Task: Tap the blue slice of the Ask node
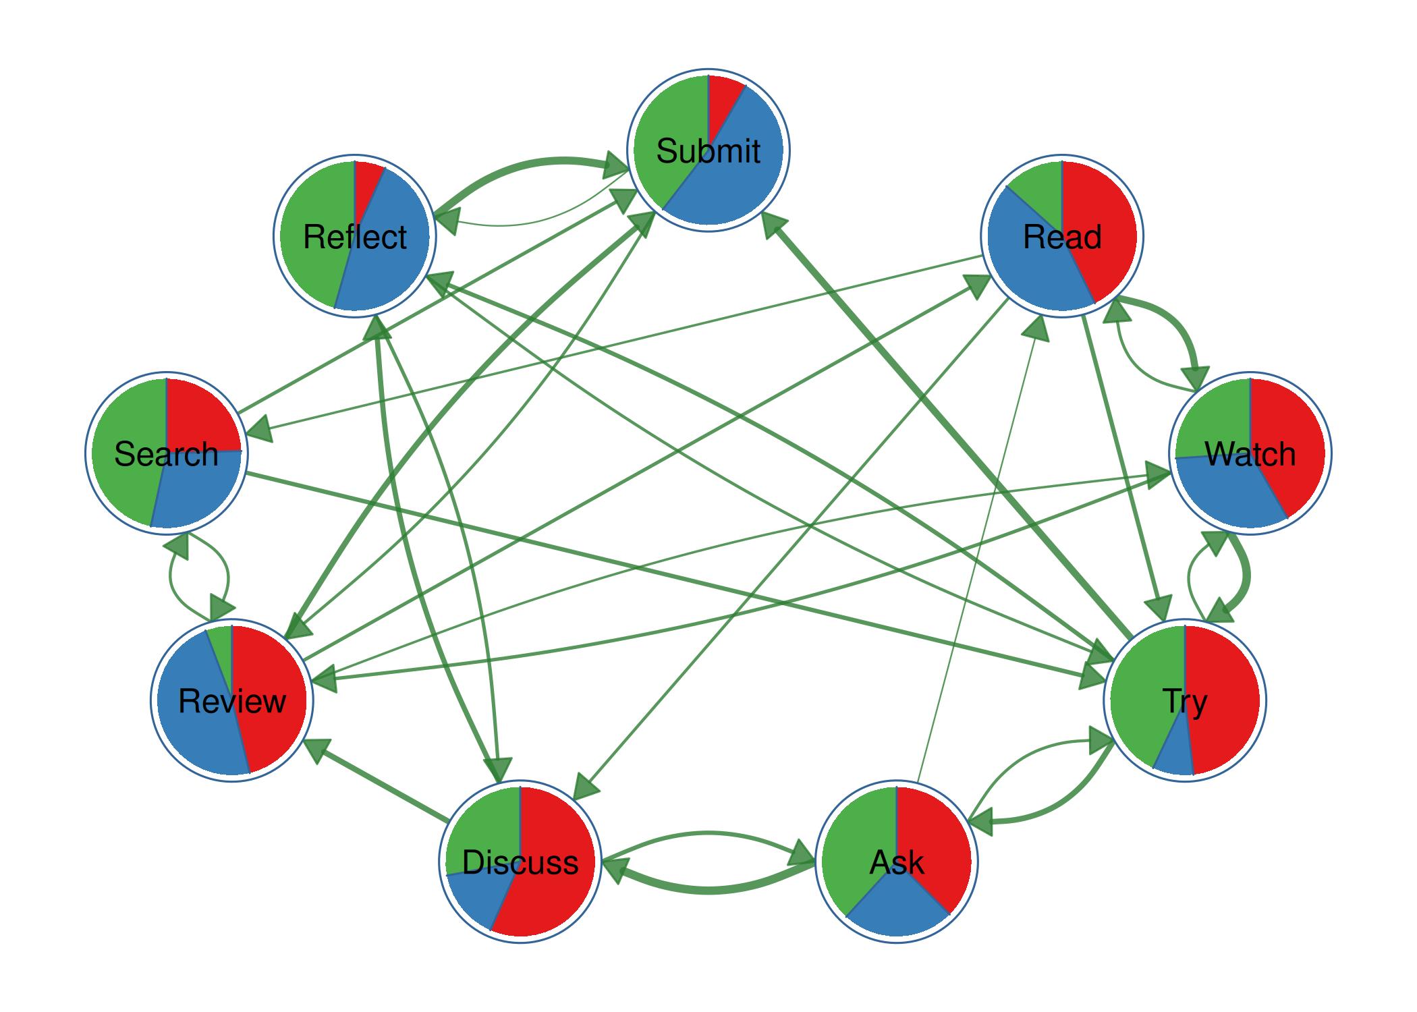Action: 897,911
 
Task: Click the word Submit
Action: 708,151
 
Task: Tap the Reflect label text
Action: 354,237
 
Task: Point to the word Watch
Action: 1250,454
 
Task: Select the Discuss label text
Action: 520,863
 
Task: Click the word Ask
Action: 896,863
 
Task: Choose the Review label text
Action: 231,702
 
